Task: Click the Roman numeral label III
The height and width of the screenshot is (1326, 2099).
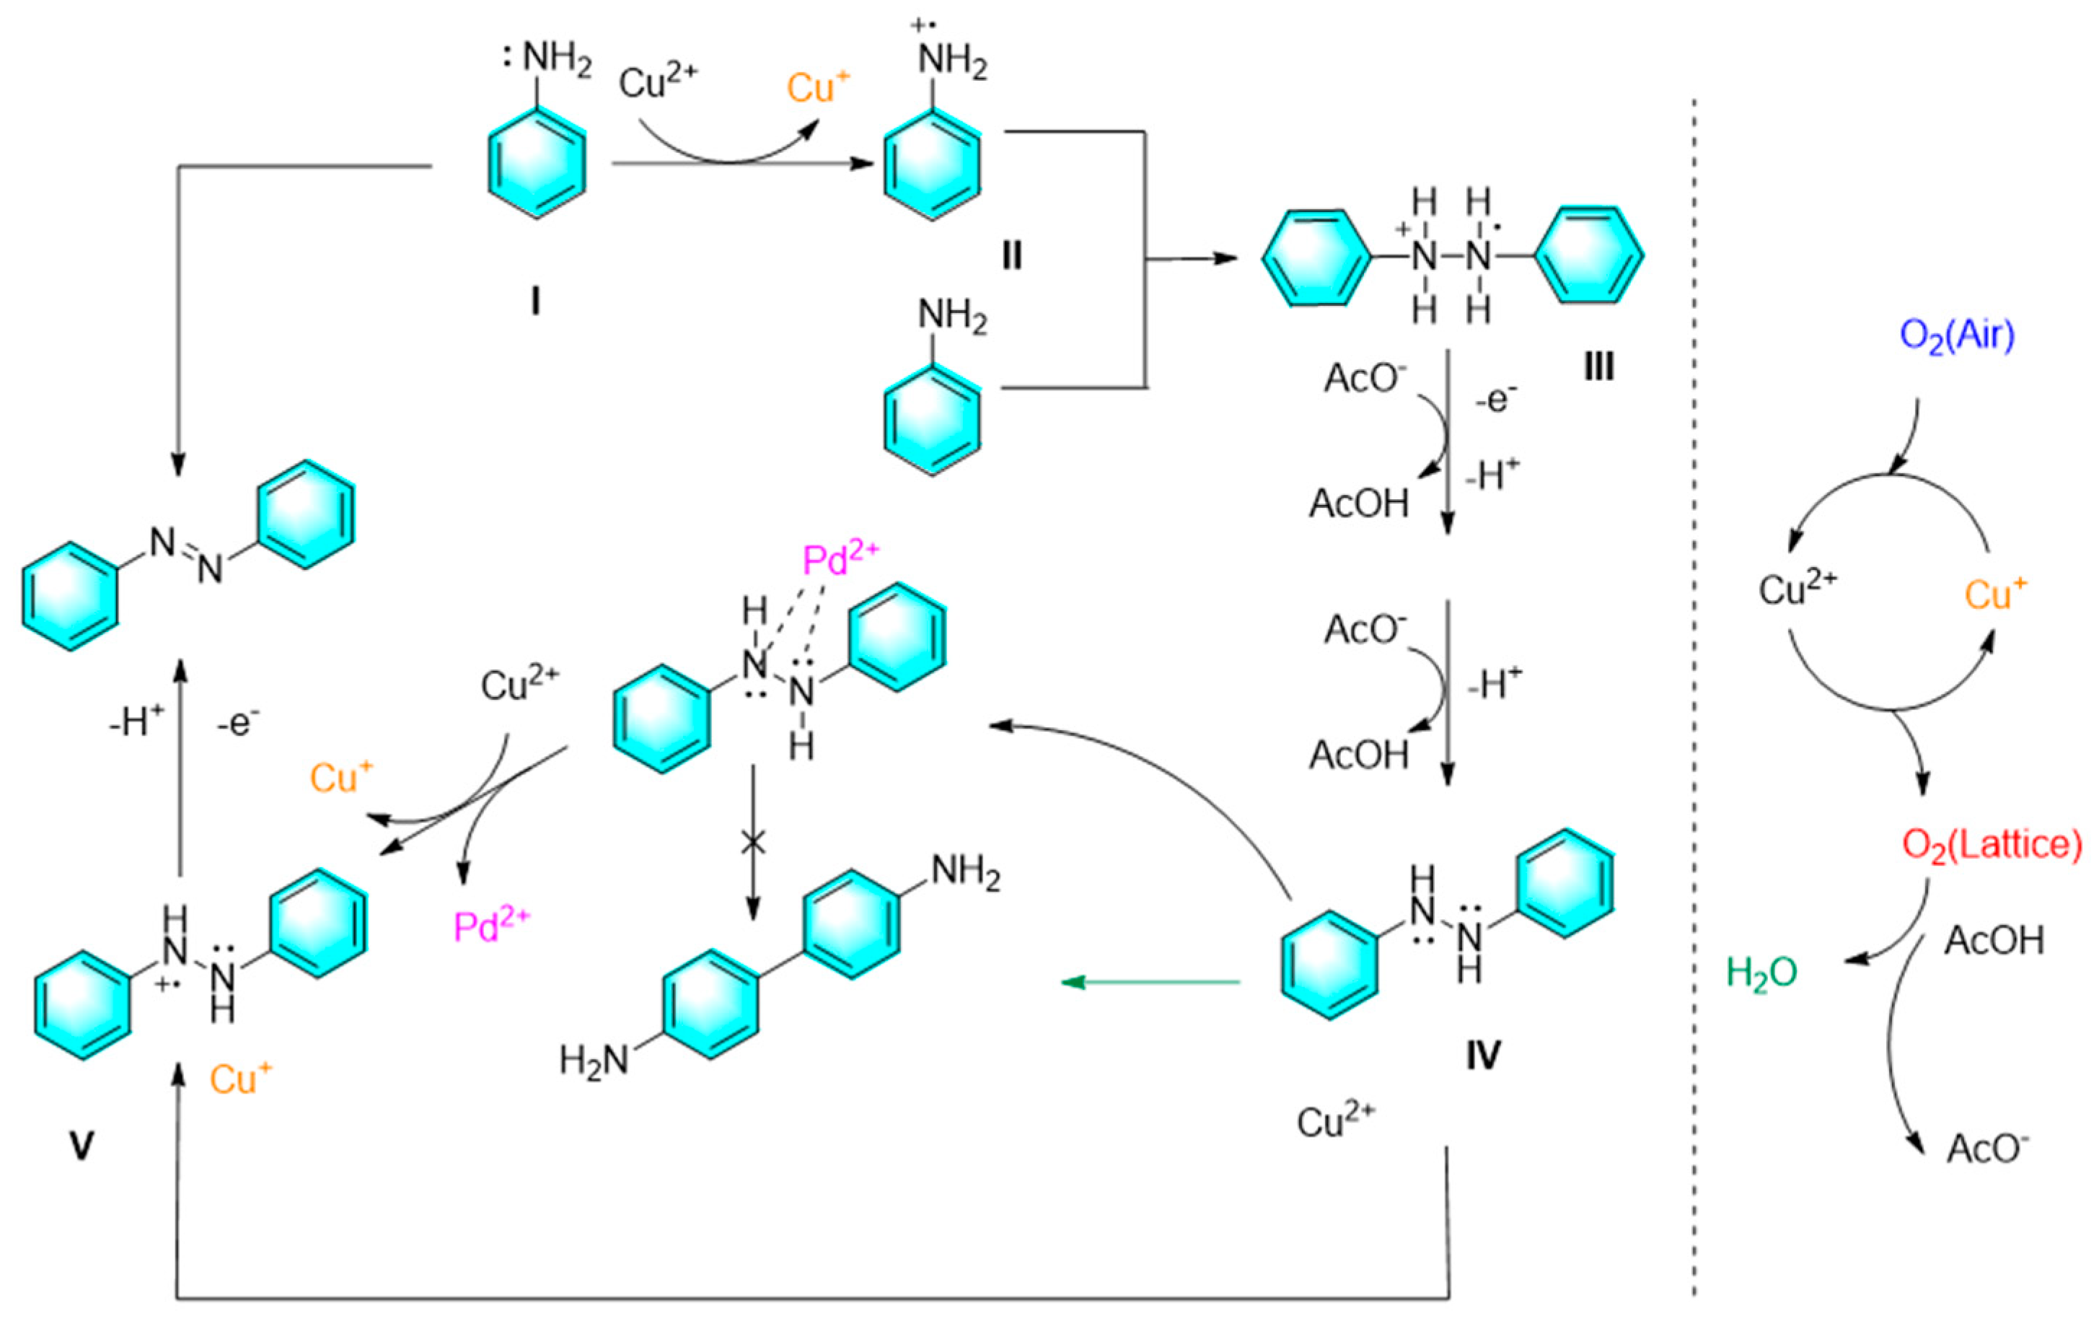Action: click(x=1598, y=367)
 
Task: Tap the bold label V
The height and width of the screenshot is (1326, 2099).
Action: click(x=81, y=1146)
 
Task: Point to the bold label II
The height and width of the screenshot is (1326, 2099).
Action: click(x=1011, y=256)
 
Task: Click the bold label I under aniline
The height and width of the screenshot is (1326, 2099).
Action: click(x=535, y=302)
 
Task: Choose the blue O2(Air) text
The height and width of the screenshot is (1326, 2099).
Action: click(x=1957, y=336)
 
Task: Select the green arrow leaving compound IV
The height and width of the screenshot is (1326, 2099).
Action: click(x=1150, y=983)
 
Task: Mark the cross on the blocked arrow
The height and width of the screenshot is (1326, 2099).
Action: click(x=752, y=842)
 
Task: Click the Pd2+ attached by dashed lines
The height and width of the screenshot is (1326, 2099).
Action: click(x=840, y=560)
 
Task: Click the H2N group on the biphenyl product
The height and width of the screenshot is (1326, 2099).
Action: click(x=593, y=1061)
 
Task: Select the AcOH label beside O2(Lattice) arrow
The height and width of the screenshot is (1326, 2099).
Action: click(x=1994, y=941)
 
